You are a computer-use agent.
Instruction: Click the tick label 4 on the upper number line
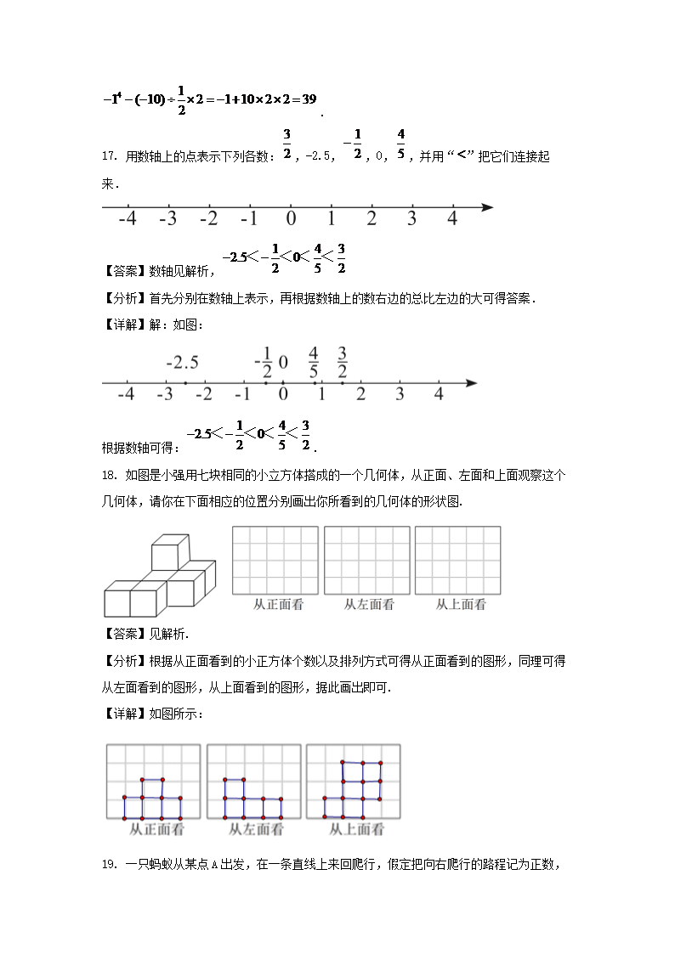coord(452,219)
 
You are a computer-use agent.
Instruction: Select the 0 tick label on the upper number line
coord(291,219)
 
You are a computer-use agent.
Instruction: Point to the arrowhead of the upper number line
coord(486,206)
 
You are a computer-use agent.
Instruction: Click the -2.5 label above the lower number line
coord(182,363)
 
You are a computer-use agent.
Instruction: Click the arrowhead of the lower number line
coord(470,383)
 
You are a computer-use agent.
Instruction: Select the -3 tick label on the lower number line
coord(165,394)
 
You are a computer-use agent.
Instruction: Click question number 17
coord(108,156)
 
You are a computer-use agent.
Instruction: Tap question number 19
coord(108,865)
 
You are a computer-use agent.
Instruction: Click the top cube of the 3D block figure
coord(169,552)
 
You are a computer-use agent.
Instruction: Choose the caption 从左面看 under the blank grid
coord(369,605)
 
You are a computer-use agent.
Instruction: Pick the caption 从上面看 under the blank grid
coord(461,605)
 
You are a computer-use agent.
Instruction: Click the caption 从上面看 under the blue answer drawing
coord(356,830)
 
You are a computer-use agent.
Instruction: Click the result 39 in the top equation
coord(308,99)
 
